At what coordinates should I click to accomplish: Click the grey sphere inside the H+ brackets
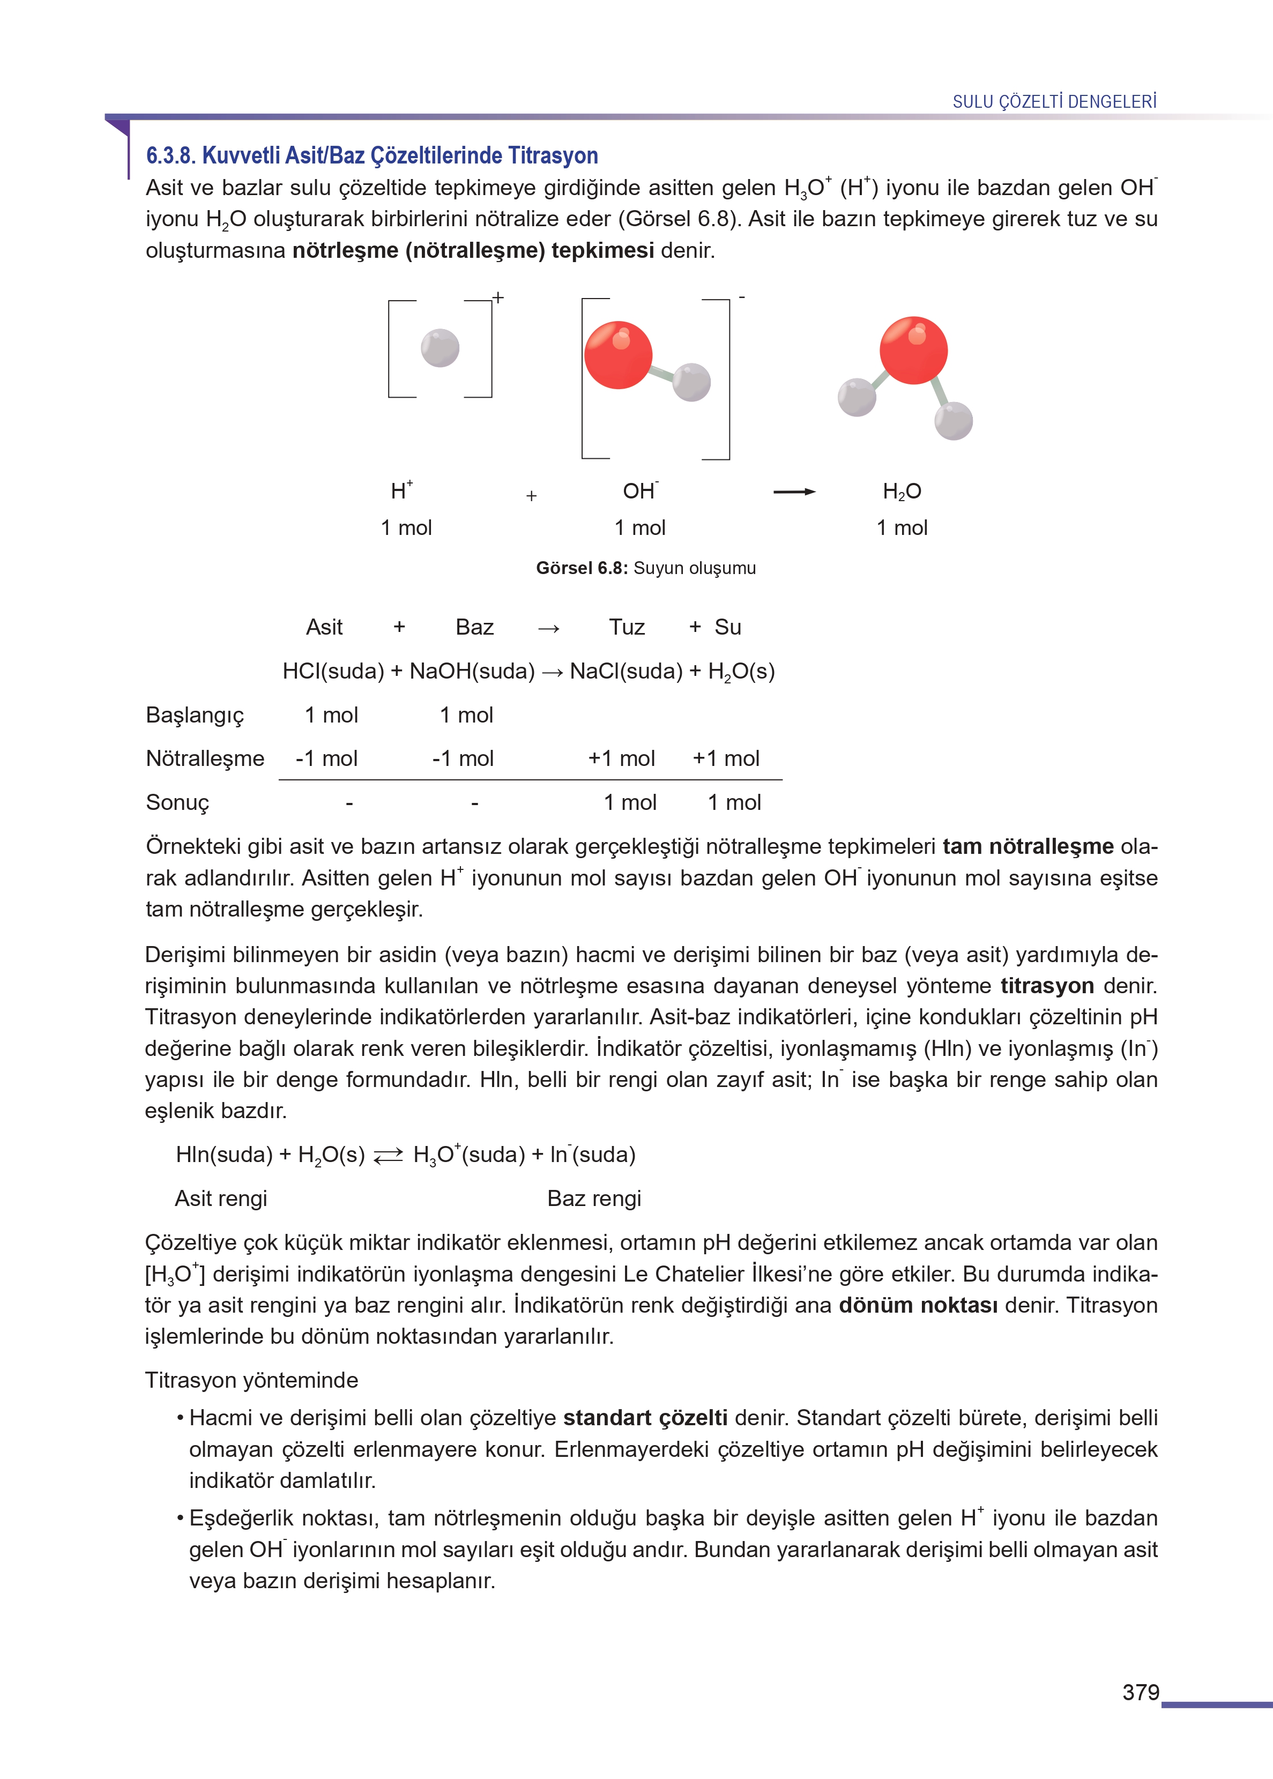click(440, 348)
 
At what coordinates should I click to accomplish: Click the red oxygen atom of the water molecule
click(913, 351)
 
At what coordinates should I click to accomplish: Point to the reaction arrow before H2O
click(793, 492)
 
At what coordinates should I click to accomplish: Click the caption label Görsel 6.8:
click(582, 568)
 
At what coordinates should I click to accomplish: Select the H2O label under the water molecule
click(902, 492)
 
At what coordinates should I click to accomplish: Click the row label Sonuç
click(177, 802)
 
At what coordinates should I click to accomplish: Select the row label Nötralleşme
click(205, 758)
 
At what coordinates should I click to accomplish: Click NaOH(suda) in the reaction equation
click(472, 671)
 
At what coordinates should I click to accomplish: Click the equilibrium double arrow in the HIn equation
click(388, 1155)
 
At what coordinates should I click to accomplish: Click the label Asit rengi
click(221, 1199)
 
